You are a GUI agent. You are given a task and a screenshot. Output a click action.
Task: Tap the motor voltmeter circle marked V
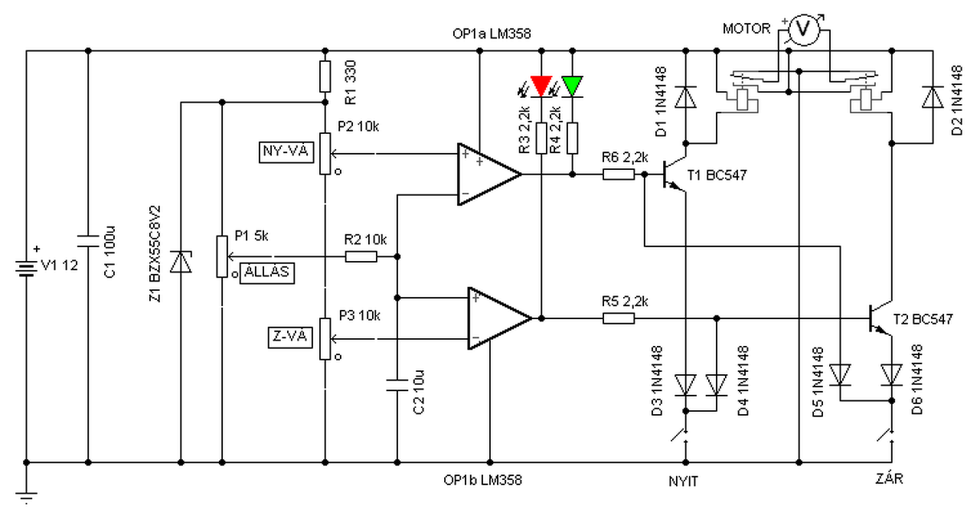(x=803, y=29)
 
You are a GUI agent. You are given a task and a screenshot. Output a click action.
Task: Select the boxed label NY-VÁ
(x=286, y=152)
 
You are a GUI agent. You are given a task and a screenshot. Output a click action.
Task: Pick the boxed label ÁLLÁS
(x=267, y=272)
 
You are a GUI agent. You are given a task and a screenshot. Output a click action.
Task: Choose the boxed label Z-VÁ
(x=290, y=338)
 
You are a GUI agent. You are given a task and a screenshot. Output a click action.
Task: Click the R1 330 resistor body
(x=325, y=77)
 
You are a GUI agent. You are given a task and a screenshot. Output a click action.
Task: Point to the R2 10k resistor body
(x=361, y=256)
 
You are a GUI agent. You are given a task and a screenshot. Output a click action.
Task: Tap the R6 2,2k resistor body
(x=619, y=174)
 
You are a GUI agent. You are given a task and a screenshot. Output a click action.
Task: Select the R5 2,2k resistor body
(x=619, y=318)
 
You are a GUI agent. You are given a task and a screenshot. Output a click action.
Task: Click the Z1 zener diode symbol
(x=181, y=262)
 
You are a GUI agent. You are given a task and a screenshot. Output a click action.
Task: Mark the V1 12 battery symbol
(x=26, y=269)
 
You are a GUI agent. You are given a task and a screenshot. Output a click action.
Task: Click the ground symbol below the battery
(x=26, y=497)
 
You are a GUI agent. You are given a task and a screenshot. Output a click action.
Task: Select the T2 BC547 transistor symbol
(x=880, y=318)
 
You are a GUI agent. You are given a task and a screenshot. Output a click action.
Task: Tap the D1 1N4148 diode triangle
(x=685, y=97)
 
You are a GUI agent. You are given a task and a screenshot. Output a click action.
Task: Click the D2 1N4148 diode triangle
(x=933, y=97)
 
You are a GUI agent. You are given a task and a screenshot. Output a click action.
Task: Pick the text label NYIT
(x=684, y=481)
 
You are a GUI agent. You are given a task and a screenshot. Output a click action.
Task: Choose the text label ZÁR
(x=890, y=478)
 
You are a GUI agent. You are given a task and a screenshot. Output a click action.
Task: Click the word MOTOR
(x=746, y=29)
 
